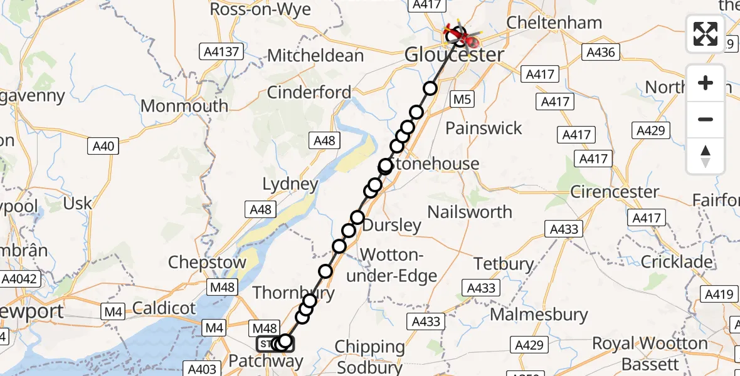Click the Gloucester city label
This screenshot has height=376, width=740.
454,55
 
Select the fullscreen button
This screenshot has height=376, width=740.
706,34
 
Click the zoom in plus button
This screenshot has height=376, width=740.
706,83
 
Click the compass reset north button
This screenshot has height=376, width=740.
706,155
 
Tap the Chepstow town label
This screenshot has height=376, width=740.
207,262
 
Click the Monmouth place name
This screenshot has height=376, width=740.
184,105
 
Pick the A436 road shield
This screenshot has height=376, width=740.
601,52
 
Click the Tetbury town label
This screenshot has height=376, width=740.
504,264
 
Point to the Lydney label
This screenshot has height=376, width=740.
290,184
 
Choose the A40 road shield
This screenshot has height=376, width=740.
103,147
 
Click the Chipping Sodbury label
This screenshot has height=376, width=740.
369,355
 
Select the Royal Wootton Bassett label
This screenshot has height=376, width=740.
650,353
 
